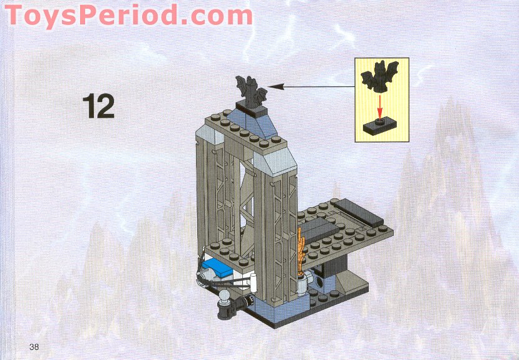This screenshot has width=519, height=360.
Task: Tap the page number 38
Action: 34,346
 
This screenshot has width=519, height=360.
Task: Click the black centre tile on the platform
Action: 326,226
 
